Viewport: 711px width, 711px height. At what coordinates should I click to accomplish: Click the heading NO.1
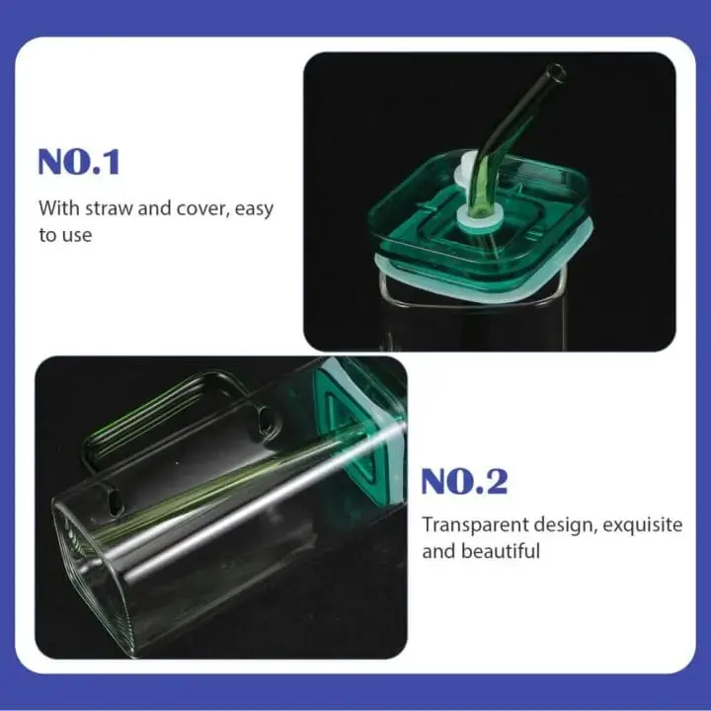point(79,161)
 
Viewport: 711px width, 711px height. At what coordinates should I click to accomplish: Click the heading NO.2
point(463,482)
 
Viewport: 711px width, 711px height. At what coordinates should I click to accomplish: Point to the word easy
point(255,209)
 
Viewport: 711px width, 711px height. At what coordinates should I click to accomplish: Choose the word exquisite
point(643,524)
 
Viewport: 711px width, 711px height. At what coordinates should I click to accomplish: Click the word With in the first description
point(56,209)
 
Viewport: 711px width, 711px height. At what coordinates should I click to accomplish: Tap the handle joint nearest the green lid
point(266,422)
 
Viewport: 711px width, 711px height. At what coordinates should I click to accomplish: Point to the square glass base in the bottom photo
point(94,583)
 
